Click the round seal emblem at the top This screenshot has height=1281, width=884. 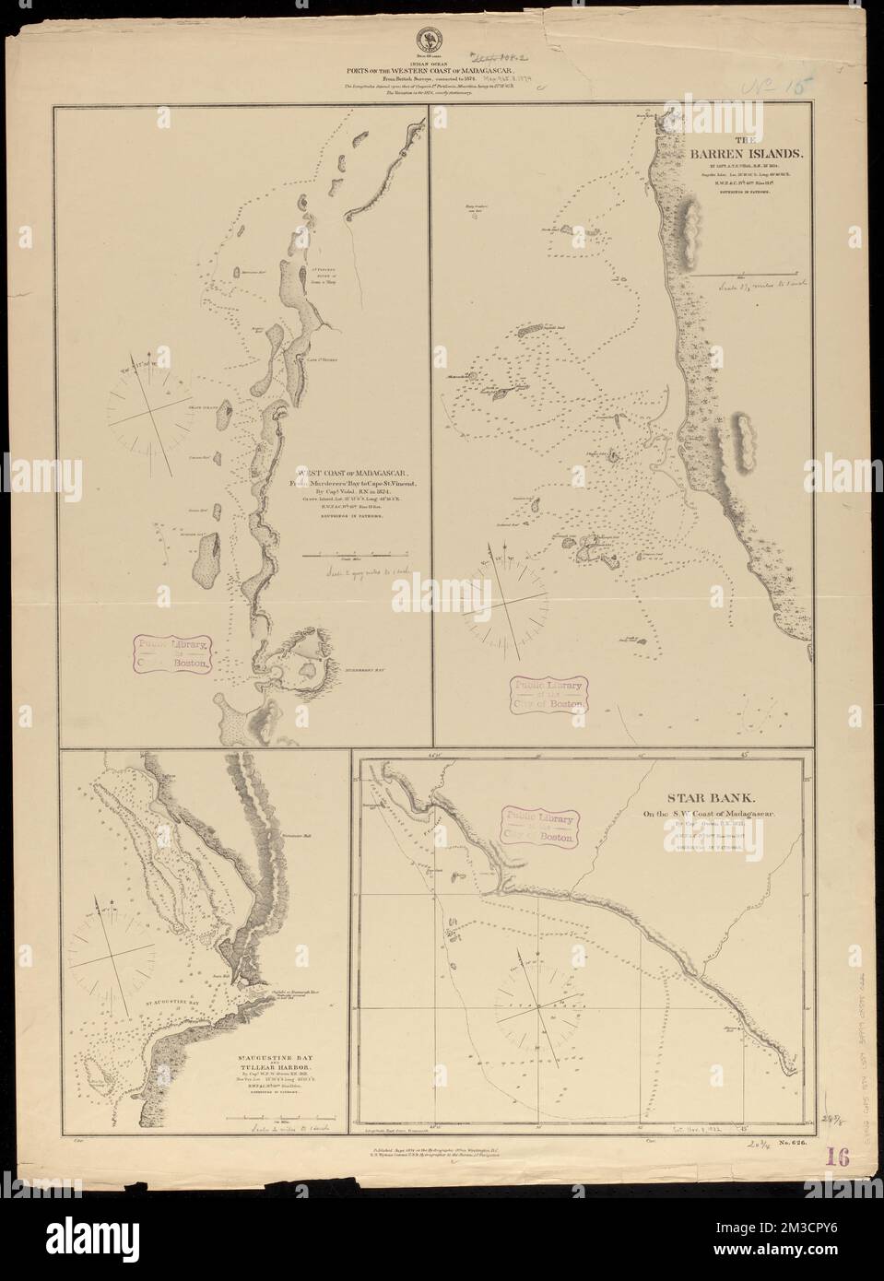click(x=428, y=40)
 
